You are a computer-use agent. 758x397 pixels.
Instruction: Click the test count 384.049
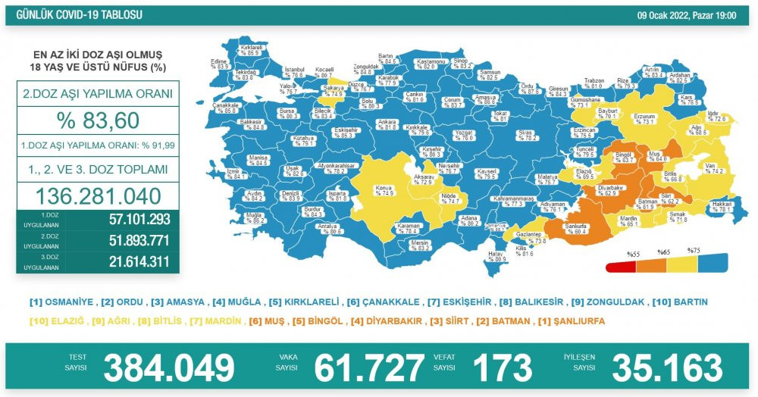168,368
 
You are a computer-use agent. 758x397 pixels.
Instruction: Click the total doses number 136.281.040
97,196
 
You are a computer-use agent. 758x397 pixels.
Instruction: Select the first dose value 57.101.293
129,220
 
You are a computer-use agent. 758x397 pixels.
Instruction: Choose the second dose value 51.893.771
129,241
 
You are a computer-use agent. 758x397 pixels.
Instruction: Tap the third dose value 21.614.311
129,261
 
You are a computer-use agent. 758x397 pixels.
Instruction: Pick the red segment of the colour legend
621,266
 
